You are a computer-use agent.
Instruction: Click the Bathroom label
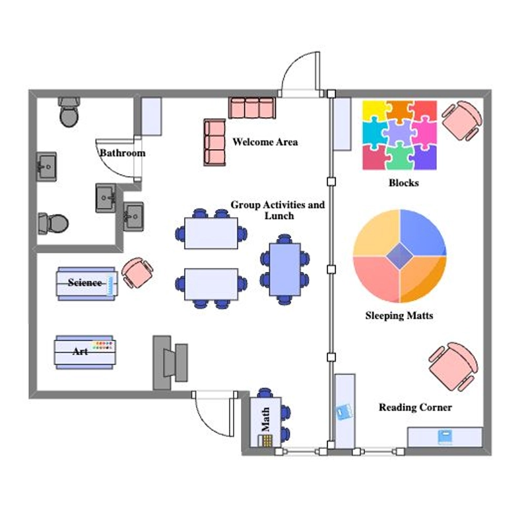click(123, 153)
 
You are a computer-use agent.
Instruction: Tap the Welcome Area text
click(265, 142)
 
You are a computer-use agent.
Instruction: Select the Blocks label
click(404, 183)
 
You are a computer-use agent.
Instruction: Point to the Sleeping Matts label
click(399, 315)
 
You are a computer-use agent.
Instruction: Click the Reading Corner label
click(415, 407)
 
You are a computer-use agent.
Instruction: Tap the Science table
click(87, 284)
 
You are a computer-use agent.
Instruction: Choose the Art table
click(85, 352)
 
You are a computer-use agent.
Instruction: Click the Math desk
click(266, 422)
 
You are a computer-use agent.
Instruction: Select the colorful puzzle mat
click(399, 135)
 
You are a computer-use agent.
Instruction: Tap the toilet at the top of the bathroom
click(69, 112)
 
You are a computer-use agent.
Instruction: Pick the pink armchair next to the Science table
click(137, 273)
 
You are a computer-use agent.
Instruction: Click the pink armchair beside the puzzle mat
click(461, 120)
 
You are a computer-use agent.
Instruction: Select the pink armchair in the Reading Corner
click(453, 367)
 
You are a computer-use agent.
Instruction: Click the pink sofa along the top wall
click(252, 108)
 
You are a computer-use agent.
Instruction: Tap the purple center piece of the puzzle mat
click(400, 133)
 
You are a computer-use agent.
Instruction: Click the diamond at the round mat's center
click(400, 256)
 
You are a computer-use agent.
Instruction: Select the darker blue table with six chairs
click(285, 269)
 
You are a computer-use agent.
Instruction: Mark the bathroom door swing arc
click(108, 165)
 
